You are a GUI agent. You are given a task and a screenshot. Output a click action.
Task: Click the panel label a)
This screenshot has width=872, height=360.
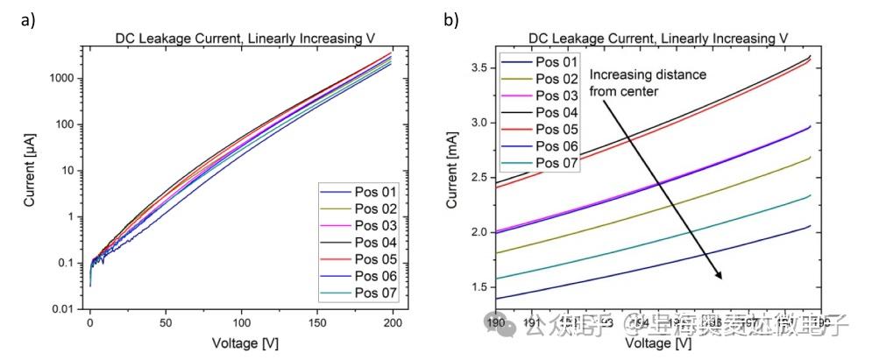27,19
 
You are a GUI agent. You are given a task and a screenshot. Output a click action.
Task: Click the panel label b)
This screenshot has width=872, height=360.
450,19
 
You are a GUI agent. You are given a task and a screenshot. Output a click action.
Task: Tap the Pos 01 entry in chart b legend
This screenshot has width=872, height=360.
556,62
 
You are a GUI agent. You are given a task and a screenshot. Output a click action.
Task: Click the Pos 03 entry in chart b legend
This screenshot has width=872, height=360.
556,95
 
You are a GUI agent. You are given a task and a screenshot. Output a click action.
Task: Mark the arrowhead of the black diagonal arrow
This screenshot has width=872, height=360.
721,276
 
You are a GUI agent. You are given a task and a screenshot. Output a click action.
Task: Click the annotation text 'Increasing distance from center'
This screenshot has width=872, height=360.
647,81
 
